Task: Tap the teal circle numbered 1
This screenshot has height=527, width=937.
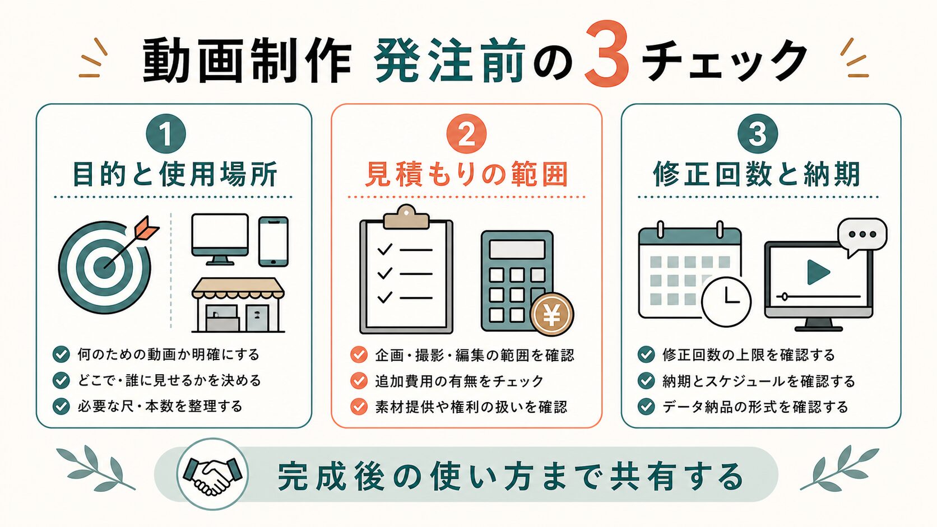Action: pos(166,134)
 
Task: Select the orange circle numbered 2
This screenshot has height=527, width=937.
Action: pos(466,134)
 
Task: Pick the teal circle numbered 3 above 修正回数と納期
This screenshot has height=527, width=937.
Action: pos(758,134)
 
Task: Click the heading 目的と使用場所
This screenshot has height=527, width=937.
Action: pos(174,174)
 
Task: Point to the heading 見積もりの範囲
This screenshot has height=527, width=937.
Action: pos(466,174)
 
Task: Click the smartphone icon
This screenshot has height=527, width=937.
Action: pos(273,241)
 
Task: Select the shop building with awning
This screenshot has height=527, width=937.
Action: pos(238,305)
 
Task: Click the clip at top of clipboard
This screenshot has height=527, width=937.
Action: pos(406,217)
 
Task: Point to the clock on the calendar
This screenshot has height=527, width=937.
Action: pos(726,301)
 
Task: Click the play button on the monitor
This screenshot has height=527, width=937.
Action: pos(818,272)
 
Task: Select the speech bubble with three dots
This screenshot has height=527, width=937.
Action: pos(862,236)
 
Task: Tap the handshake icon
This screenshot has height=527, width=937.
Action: pos(213,474)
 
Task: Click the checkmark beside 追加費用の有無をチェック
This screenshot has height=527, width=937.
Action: pos(359,381)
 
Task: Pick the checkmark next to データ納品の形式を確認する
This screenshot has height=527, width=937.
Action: pos(646,407)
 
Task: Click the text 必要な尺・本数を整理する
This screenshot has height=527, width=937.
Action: pos(160,406)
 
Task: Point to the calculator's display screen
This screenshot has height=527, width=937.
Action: pos(517,250)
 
